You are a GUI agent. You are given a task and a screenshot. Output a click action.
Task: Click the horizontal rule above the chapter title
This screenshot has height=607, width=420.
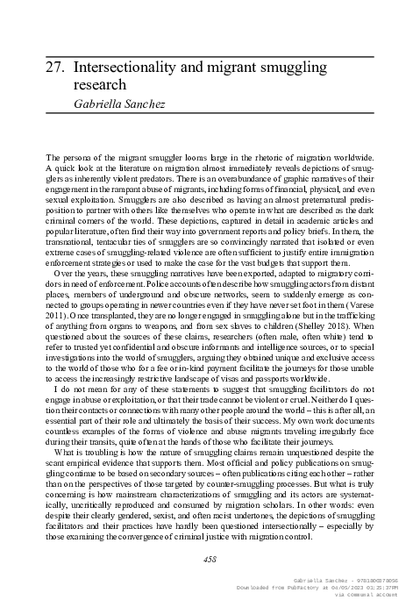coord(210,50)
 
